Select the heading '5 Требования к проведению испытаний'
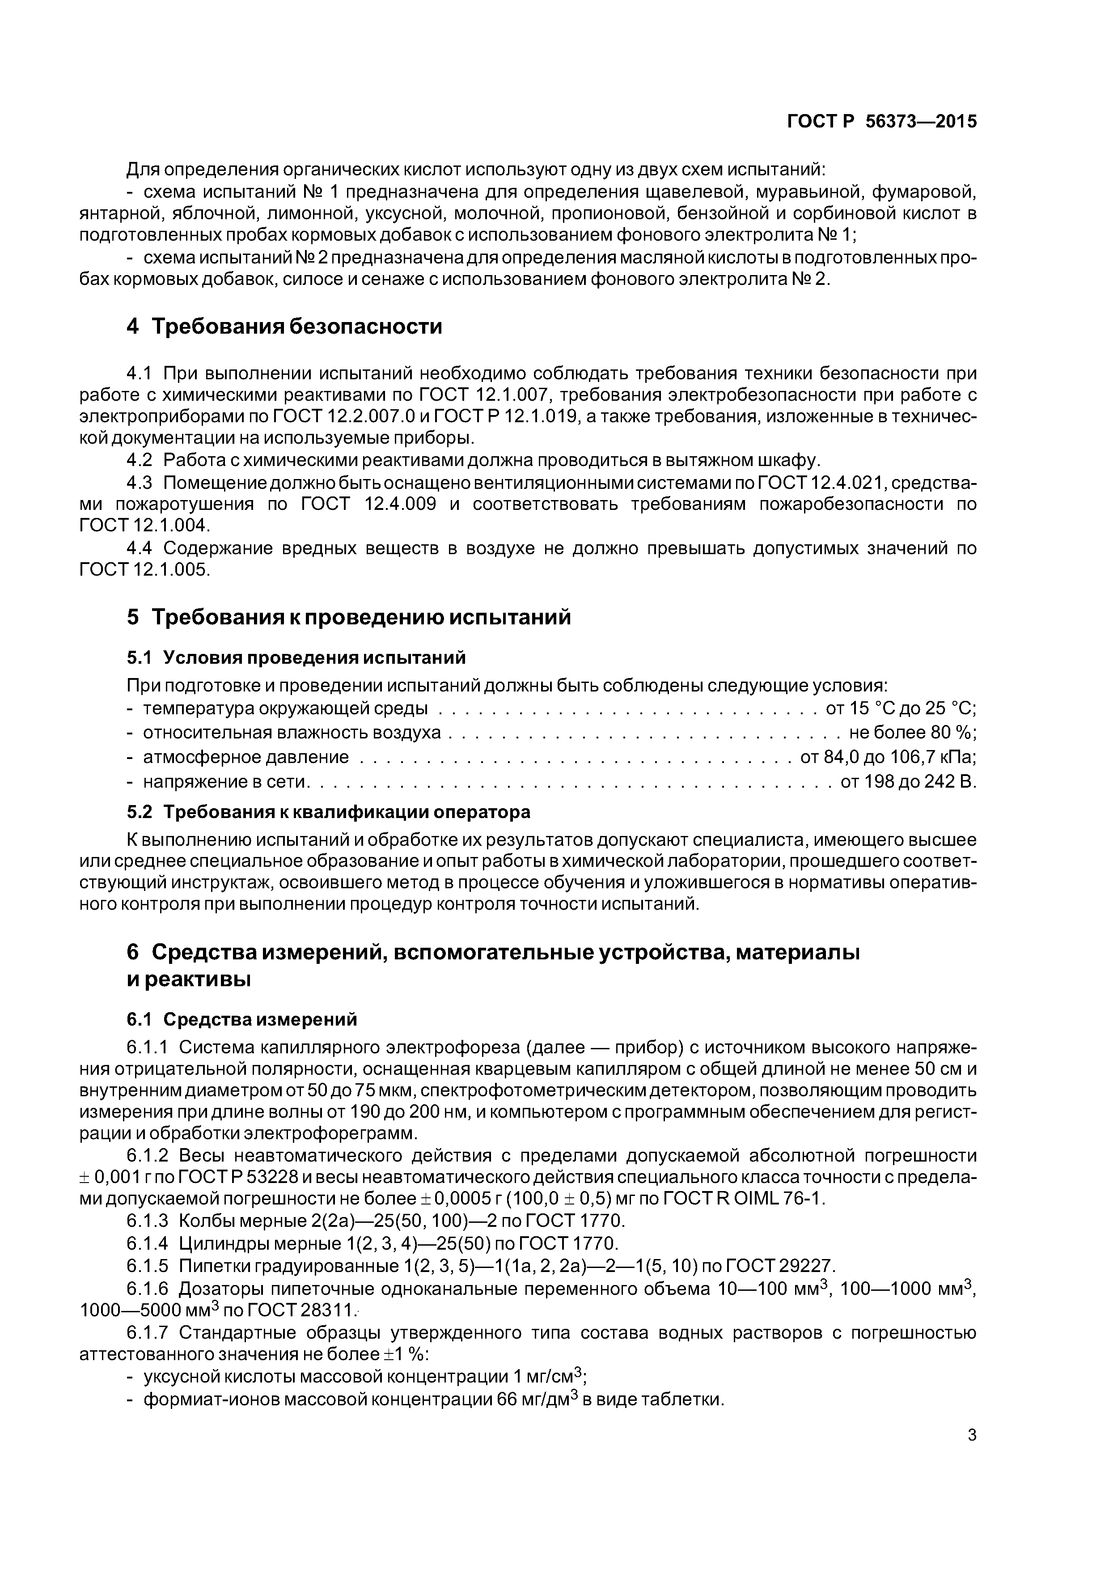[348, 617]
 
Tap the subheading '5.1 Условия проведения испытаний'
[296, 657]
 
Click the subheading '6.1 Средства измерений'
[242, 1020]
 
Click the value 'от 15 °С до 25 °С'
[901, 708]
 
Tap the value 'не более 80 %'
[912, 733]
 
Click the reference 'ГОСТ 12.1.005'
[144, 569]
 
